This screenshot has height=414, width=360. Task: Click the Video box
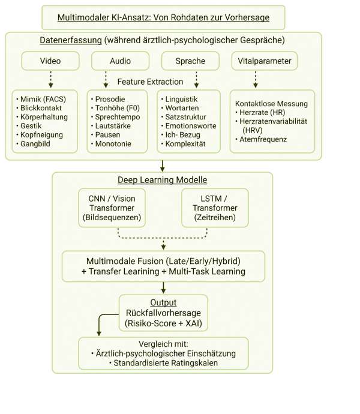(x=50, y=61)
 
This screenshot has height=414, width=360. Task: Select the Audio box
(x=121, y=61)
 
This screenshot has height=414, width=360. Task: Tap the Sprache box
(x=191, y=61)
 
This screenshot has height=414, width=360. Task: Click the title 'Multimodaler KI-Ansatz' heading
(x=163, y=17)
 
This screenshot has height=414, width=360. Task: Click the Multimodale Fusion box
(x=162, y=266)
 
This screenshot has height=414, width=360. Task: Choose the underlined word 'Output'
(x=163, y=302)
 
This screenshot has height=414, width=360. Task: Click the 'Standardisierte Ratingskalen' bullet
(x=162, y=363)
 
